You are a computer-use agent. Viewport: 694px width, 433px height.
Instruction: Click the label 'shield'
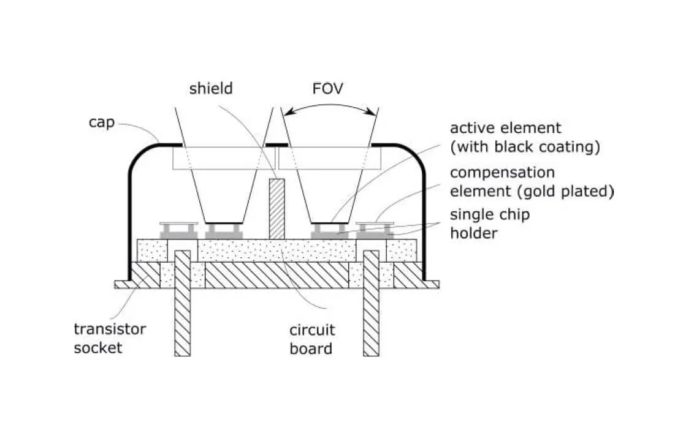[x=210, y=88]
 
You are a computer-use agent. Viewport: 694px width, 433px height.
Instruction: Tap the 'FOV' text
[x=327, y=88]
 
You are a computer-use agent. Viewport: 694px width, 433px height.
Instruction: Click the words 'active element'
[x=505, y=129]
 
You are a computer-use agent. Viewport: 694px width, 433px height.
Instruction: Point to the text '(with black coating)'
[x=524, y=147]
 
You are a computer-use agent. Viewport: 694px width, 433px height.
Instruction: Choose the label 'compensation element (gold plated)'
[x=532, y=182]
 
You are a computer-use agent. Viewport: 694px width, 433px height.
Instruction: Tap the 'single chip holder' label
[x=489, y=224]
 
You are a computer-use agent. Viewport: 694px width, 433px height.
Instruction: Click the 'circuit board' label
[x=312, y=339]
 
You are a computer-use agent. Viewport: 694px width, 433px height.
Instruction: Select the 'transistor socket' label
[x=110, y=338]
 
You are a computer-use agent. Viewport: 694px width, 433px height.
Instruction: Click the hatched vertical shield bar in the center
[x=277, y=209]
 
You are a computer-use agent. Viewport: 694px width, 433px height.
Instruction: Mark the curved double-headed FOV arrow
[x=330, y=105]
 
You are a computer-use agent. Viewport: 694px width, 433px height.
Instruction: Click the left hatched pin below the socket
[x=183, y=306]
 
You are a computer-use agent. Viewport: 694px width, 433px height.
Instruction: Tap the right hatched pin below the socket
[x=371, y=306]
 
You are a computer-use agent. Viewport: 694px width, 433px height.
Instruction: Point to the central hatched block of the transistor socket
[x=276, y=275]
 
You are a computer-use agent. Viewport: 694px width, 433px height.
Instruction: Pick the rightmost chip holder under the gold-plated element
[x=374, y=231]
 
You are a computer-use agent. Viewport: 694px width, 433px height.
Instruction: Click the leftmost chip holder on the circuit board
[x=178, y=231]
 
